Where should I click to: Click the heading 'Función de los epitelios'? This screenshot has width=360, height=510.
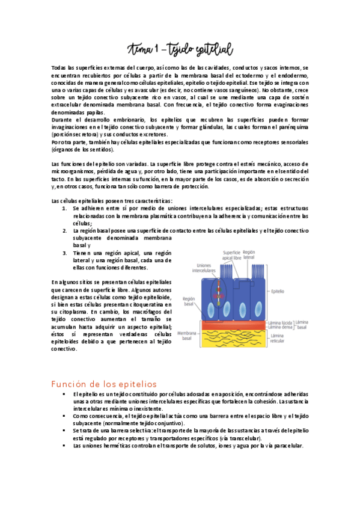tap(104, 384)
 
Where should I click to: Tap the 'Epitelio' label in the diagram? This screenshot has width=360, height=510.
tap(278, 292)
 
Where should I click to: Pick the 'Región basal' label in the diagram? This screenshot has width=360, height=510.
tap(189, 301)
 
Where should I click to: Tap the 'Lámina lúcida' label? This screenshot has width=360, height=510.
tap(281, 322)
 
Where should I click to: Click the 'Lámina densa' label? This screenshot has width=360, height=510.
tap(281, 328)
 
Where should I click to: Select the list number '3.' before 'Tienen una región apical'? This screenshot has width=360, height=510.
tap(65, 253)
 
